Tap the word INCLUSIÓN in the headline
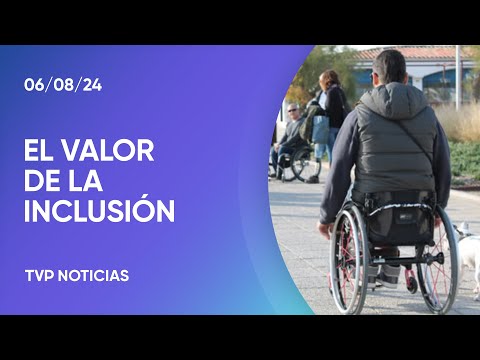[x=99, y=211]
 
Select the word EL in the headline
[x=40, y=151]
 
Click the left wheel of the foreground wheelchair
[x=347, y=258]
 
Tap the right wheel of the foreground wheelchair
[x=440, y=262]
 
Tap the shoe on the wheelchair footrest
[x=409, y=279]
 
